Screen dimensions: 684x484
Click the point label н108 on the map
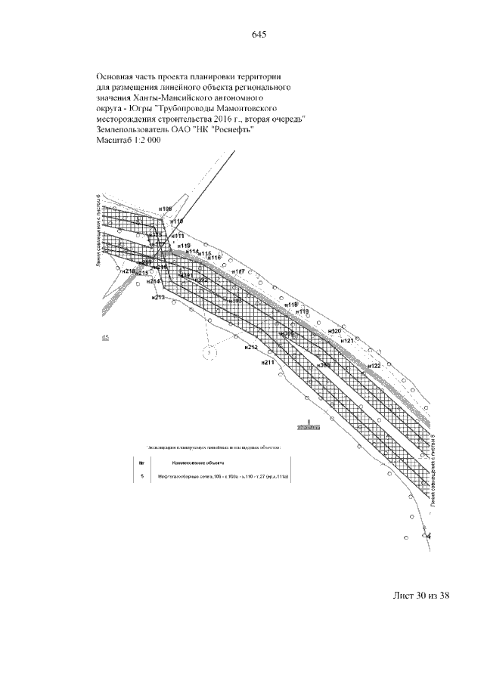point(166,209)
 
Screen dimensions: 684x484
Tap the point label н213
point(158,297)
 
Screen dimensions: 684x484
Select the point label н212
point(251,348)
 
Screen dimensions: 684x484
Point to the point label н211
point(267,363)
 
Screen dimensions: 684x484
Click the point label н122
point(374,366)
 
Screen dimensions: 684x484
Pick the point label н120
point(336,332)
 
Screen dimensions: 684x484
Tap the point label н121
point(347,342)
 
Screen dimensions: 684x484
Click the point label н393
point(234,301)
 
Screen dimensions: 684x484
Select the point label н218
point(128,271)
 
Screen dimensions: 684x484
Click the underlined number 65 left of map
point(105,337)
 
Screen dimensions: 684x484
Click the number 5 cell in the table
point(141,477)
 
